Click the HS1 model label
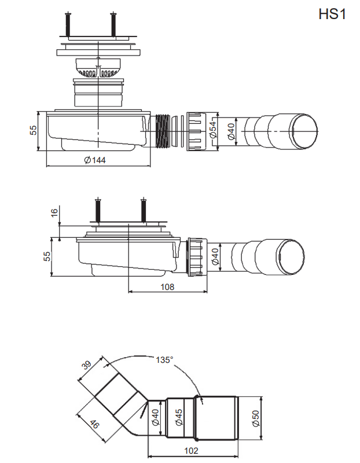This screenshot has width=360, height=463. tap(332, 14)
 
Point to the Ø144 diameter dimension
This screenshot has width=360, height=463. tap(95, 160)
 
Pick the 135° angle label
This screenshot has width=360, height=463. tap(164, 359)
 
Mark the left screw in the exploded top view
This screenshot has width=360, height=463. tap(69, 23)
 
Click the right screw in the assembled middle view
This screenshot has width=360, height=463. tap(143, 210)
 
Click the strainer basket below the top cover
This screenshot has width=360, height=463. tap(98, 67)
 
